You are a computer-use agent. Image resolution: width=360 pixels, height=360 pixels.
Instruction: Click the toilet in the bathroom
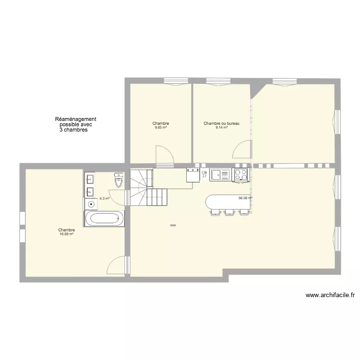click(x=119, y=180)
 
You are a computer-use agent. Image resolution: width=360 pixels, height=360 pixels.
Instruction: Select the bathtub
click(x=105, y=218)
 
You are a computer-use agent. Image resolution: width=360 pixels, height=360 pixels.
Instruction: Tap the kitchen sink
click(x=220, y=175)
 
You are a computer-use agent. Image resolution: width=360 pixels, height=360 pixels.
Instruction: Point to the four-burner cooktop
click(x=241, y=175)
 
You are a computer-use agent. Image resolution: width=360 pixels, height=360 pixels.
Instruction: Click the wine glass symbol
click(x=204, y=174)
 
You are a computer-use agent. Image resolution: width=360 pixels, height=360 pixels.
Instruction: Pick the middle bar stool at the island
click(x=230, y=212)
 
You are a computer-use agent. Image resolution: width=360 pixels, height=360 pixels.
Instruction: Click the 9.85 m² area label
click(x=161, y=128)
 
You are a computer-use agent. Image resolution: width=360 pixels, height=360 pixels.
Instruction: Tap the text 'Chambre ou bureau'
click(x=222, y=123)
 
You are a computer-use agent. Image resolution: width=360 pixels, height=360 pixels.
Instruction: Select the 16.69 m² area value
click(x=66, y=234)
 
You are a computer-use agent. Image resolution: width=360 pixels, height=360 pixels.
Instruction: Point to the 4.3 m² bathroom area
click(x=105, y=198)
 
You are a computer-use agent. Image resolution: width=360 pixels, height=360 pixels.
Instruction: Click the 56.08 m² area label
click(x=245, y=198)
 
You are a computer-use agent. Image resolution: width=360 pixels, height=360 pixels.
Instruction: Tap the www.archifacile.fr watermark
click(x=330, y=295)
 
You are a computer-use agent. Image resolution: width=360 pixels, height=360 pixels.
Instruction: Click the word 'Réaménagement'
click(x=75, y=119)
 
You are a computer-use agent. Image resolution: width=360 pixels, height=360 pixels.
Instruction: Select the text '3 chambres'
click(x=73, y=130)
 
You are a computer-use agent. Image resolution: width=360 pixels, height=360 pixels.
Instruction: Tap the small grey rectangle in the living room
click(x=173, y=226)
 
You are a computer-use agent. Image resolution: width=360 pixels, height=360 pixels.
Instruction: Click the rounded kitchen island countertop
click(x=228, y=202)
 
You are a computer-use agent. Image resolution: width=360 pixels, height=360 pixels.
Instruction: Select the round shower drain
click(x=91, y=204)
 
